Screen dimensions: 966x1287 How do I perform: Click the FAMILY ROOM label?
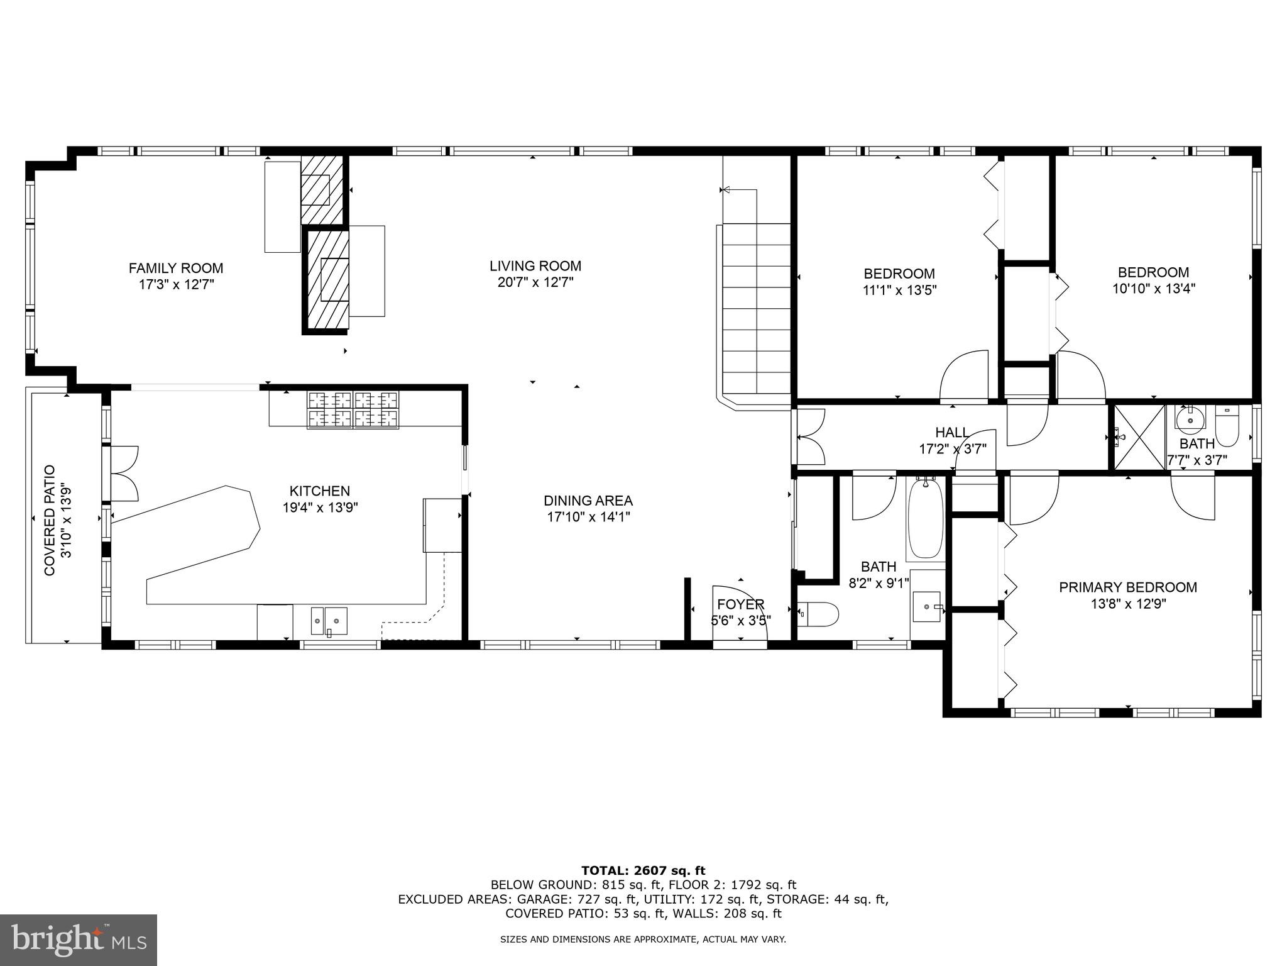[176, 269]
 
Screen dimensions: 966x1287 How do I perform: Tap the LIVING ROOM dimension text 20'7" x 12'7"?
[535, 282]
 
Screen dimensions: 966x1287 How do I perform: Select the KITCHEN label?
[319, 491]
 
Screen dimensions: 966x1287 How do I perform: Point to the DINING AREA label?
[588, 501]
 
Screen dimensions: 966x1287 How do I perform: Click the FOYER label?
[740, 604]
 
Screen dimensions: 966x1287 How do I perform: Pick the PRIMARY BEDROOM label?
[1127, 587]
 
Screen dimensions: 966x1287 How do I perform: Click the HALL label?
[952, 433]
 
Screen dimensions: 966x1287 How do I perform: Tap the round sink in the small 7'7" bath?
[1190, 419]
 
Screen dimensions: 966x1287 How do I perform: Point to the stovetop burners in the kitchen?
[353, 410]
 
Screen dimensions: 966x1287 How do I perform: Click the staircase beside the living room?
[756, 308]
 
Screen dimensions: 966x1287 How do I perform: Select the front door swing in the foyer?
[739, 613]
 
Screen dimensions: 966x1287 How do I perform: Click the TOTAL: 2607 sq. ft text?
[643, 870]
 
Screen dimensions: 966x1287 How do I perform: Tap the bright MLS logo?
[79, 940]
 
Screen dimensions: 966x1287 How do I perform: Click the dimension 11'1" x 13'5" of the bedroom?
[899, 290]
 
